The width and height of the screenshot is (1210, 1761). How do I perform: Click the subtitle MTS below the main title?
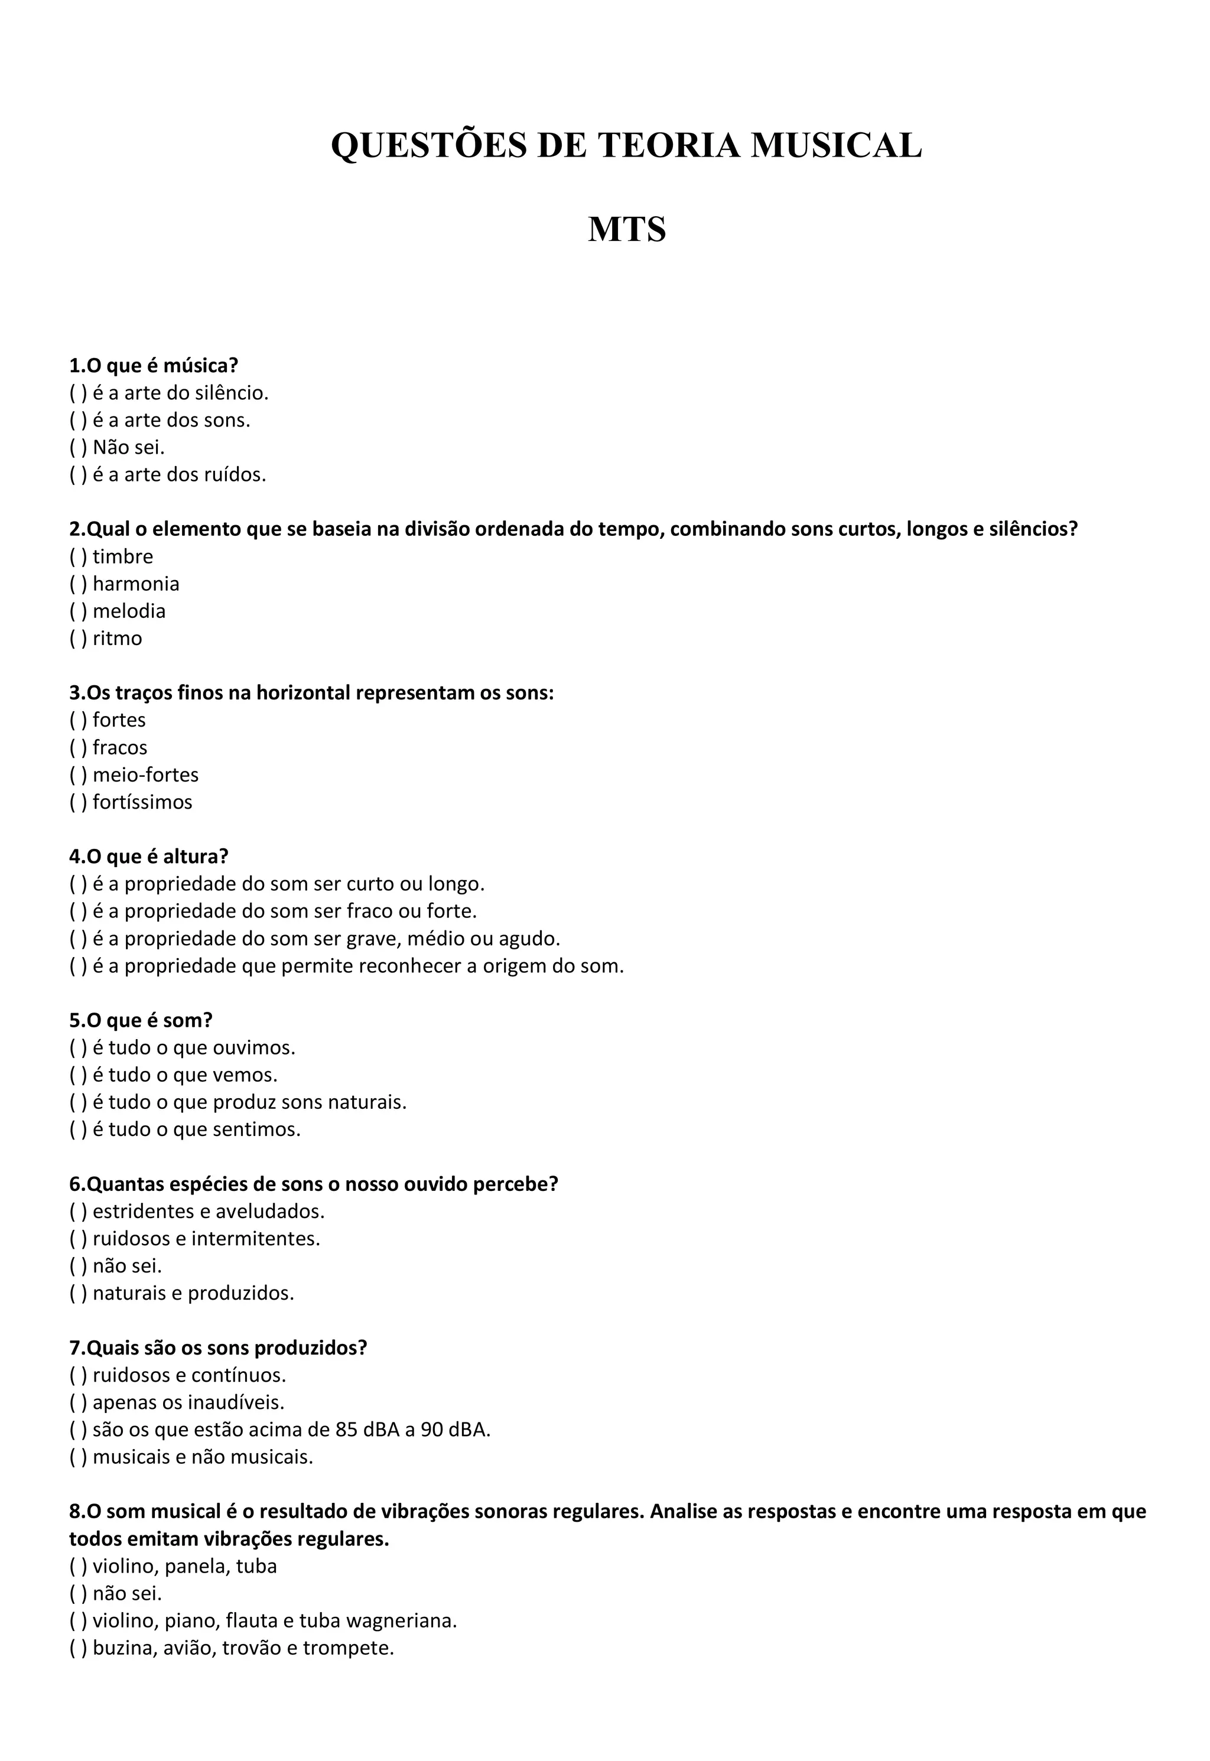coord(626,229)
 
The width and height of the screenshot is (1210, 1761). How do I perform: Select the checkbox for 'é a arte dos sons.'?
coord(78,421)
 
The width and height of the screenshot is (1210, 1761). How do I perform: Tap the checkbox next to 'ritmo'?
coord(78,639)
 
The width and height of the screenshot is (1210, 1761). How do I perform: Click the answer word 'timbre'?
coord(123,557)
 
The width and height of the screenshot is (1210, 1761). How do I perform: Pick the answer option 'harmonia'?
coord(136,584)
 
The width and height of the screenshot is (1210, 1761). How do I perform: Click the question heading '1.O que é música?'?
coord(154,366)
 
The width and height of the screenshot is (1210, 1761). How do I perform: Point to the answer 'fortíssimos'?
coord(142,803)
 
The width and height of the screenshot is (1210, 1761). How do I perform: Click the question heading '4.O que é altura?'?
coord(149,857)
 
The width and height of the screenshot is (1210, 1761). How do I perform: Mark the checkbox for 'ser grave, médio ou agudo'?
coord(78,939)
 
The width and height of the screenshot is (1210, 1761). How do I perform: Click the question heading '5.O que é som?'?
coord(141,1020)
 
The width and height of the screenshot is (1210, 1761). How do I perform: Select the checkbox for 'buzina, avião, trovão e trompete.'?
coord(78,1649)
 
